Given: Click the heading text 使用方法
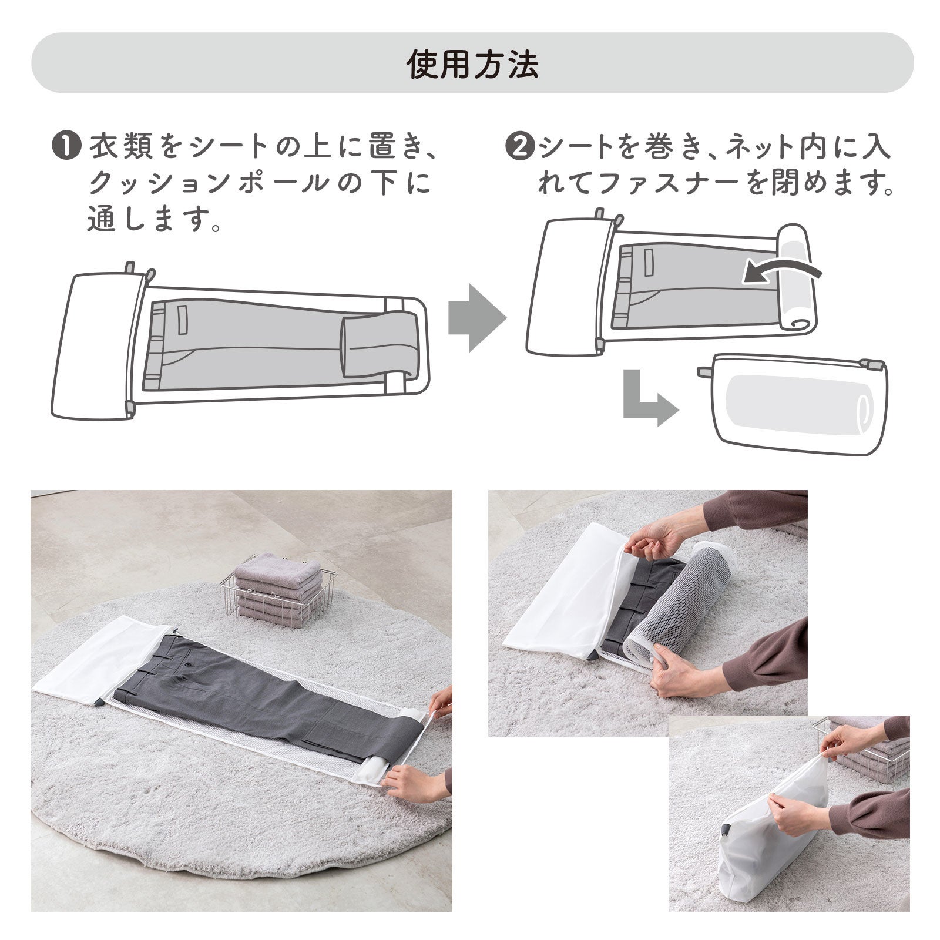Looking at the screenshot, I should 472,64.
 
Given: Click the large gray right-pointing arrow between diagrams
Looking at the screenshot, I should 476,318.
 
